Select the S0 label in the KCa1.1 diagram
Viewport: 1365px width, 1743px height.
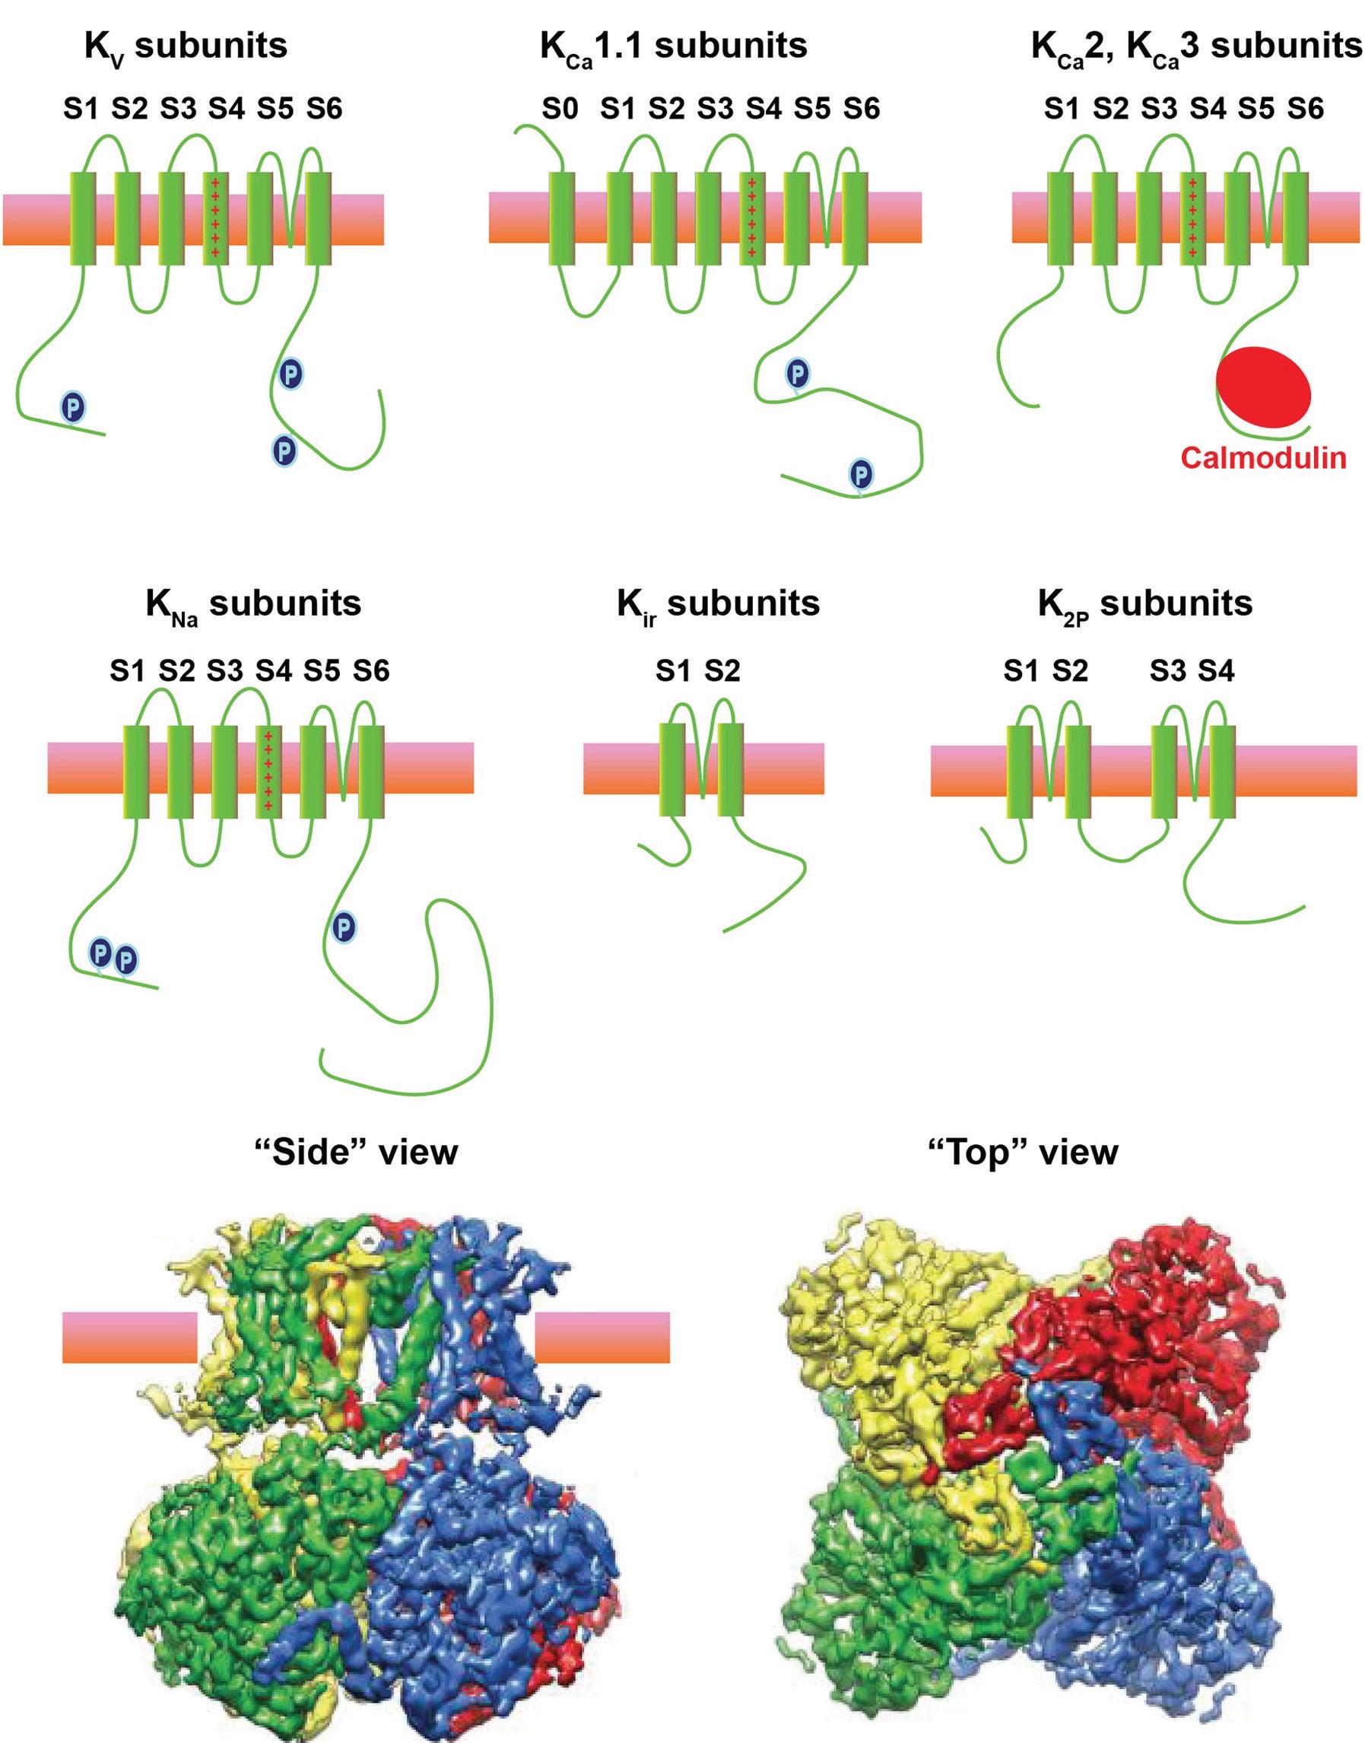coord(560,108)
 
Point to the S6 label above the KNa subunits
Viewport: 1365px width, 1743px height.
coord(371,670)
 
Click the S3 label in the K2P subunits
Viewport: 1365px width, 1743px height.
coord(1167,670)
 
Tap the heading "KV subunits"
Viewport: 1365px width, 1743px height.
coord(186,46)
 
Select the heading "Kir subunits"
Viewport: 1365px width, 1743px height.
coord(718,603)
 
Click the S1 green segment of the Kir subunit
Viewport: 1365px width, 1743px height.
coord(672,769)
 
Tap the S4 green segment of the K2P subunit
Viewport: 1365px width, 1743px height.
coord(1222,771)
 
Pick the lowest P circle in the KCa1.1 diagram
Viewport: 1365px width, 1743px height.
coord(861,473)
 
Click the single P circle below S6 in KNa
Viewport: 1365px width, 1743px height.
coord(344,927)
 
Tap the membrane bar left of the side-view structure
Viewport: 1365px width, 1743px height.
coord(129,1336)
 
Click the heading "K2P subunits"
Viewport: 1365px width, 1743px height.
coord(1144,603)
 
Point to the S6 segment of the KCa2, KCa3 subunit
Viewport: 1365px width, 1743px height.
coord(1296,217)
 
